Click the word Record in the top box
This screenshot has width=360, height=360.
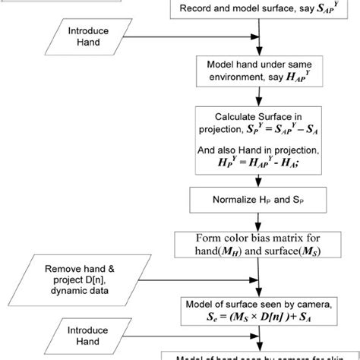tap(196, 10)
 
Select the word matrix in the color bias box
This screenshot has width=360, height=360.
tap(286, 238)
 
